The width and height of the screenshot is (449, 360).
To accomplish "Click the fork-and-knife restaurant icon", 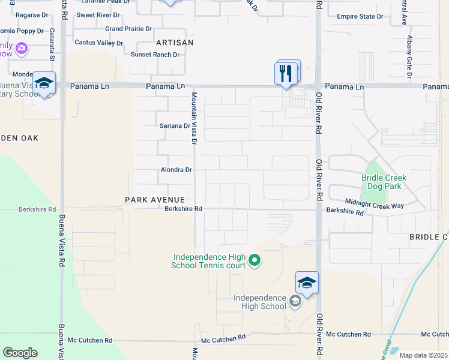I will tap(286, 73).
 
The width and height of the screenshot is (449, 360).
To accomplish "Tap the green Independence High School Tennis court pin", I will tap(255, 260).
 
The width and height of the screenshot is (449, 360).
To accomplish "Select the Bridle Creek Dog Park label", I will tap(384, 182).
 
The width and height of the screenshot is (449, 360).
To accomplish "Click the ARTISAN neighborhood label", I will tap(175, 43).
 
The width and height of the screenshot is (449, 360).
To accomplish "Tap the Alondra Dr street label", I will tap(176, 170).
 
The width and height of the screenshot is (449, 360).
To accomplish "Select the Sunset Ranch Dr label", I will tap(155, 55).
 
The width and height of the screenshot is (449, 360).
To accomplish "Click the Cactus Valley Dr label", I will tap(98, 43).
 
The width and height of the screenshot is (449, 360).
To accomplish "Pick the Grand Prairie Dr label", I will tap(128, 29).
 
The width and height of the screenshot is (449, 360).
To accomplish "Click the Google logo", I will tap(20, 353).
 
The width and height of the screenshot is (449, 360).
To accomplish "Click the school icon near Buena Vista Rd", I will tap(44, 83).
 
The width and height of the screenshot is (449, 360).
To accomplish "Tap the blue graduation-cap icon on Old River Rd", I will tap(307, 283).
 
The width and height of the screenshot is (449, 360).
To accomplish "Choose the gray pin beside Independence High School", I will tap(295, 301).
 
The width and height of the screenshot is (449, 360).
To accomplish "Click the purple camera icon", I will tap(22, 48).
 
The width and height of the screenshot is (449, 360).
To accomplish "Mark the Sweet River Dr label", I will tap(98, 14).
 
